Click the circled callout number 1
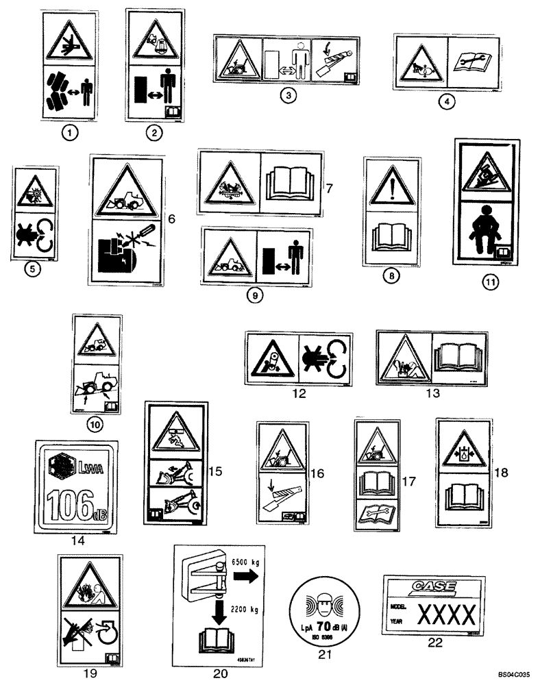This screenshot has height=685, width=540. (x=68, y=135)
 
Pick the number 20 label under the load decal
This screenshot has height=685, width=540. (x=219, y=673)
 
